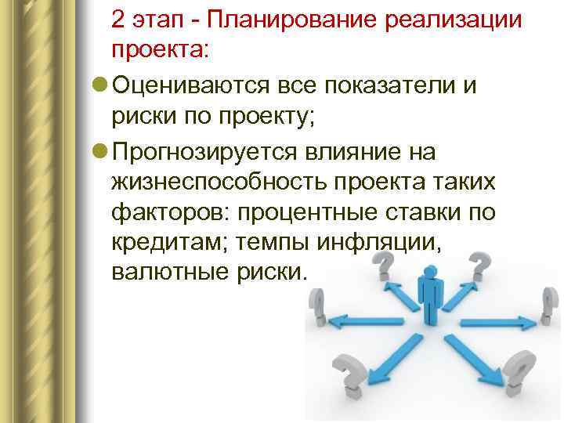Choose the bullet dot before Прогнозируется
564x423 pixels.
pos(99,151)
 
